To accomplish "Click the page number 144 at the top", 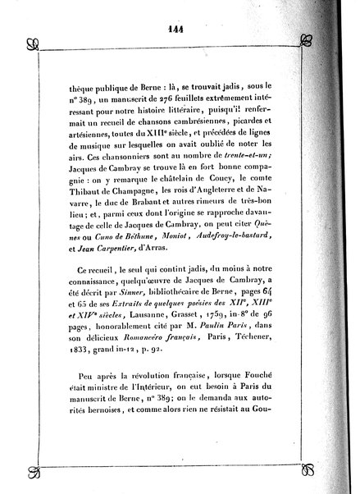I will click(x=180, y=25).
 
